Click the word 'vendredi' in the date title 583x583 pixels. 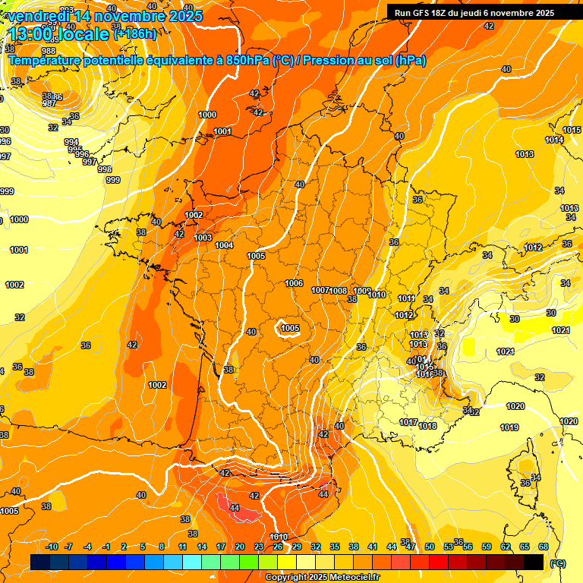(x=38, y=15)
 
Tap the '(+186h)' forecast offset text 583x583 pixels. (x=135, y=33)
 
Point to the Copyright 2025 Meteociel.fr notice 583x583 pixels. (x=322, y=578)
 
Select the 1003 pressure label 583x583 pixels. (x=203, y=238)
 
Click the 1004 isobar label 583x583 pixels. (x=224, y=245)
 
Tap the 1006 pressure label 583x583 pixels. (x=295, y=283)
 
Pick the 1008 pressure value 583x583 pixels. (x=339, y=291)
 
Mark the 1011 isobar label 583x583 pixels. (x=407, y=298)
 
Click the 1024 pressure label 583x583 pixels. (x=505, y=351)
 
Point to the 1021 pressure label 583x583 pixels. (x=560, y=330)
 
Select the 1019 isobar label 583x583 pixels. (x=509, y=427)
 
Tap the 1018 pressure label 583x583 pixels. (x=427, y=426)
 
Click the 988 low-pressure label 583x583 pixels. (x=48, y=72)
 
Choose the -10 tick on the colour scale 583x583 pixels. (x=52, y=547)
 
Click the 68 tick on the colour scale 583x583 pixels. (x=544, y=547)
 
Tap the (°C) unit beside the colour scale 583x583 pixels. (x=557, y=563)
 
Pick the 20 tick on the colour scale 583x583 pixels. (x=240, y=547)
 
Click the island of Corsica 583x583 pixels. (x=524, y=474)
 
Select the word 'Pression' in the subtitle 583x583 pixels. (x=335, y=61)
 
